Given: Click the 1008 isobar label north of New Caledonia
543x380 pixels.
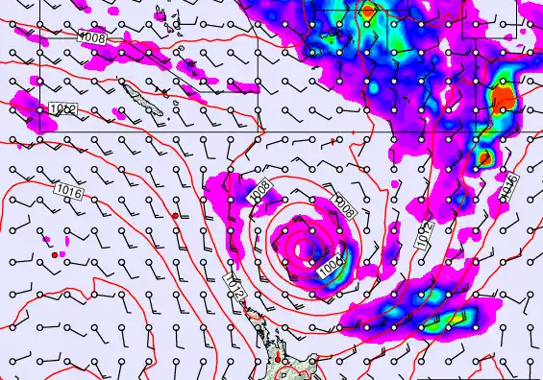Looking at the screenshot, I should [x=92, y=37].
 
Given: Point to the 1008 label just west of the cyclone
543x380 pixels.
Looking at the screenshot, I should [x=259, y=192].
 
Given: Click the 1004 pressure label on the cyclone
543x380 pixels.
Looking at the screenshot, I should [x=331, y=268].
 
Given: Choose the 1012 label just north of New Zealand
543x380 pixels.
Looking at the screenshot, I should [x=234, y=284].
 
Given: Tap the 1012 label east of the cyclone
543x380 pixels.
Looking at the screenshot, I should [x=424, y=236].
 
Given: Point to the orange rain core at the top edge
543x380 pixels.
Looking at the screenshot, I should [x=368, y=12].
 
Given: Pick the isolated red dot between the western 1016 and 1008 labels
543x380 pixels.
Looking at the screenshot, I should [x=174, y=217].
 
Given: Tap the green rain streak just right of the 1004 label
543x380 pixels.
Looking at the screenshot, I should [x=347, y=259].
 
